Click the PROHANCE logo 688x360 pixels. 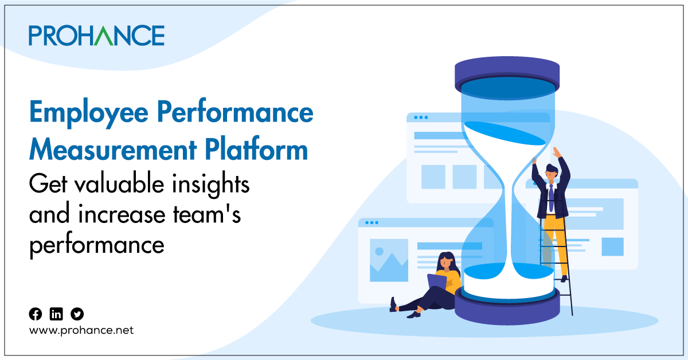tap(96, 36)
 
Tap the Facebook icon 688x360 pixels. tap(36, 314)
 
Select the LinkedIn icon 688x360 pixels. tap(56, 314)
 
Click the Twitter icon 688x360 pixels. tap(77, 314)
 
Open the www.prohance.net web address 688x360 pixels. tap(81, 331)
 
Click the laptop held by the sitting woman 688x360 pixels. tap(437, 281)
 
